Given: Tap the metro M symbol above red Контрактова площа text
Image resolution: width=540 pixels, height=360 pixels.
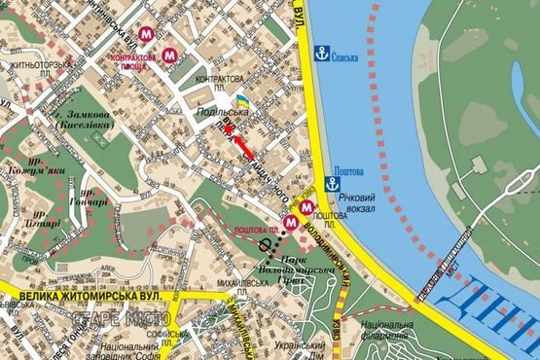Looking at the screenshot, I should point(146,32).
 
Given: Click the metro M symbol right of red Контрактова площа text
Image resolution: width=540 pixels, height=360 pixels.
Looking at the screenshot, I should point(170,55).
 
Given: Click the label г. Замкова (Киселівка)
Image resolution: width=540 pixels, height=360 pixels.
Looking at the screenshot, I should point(82,120).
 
